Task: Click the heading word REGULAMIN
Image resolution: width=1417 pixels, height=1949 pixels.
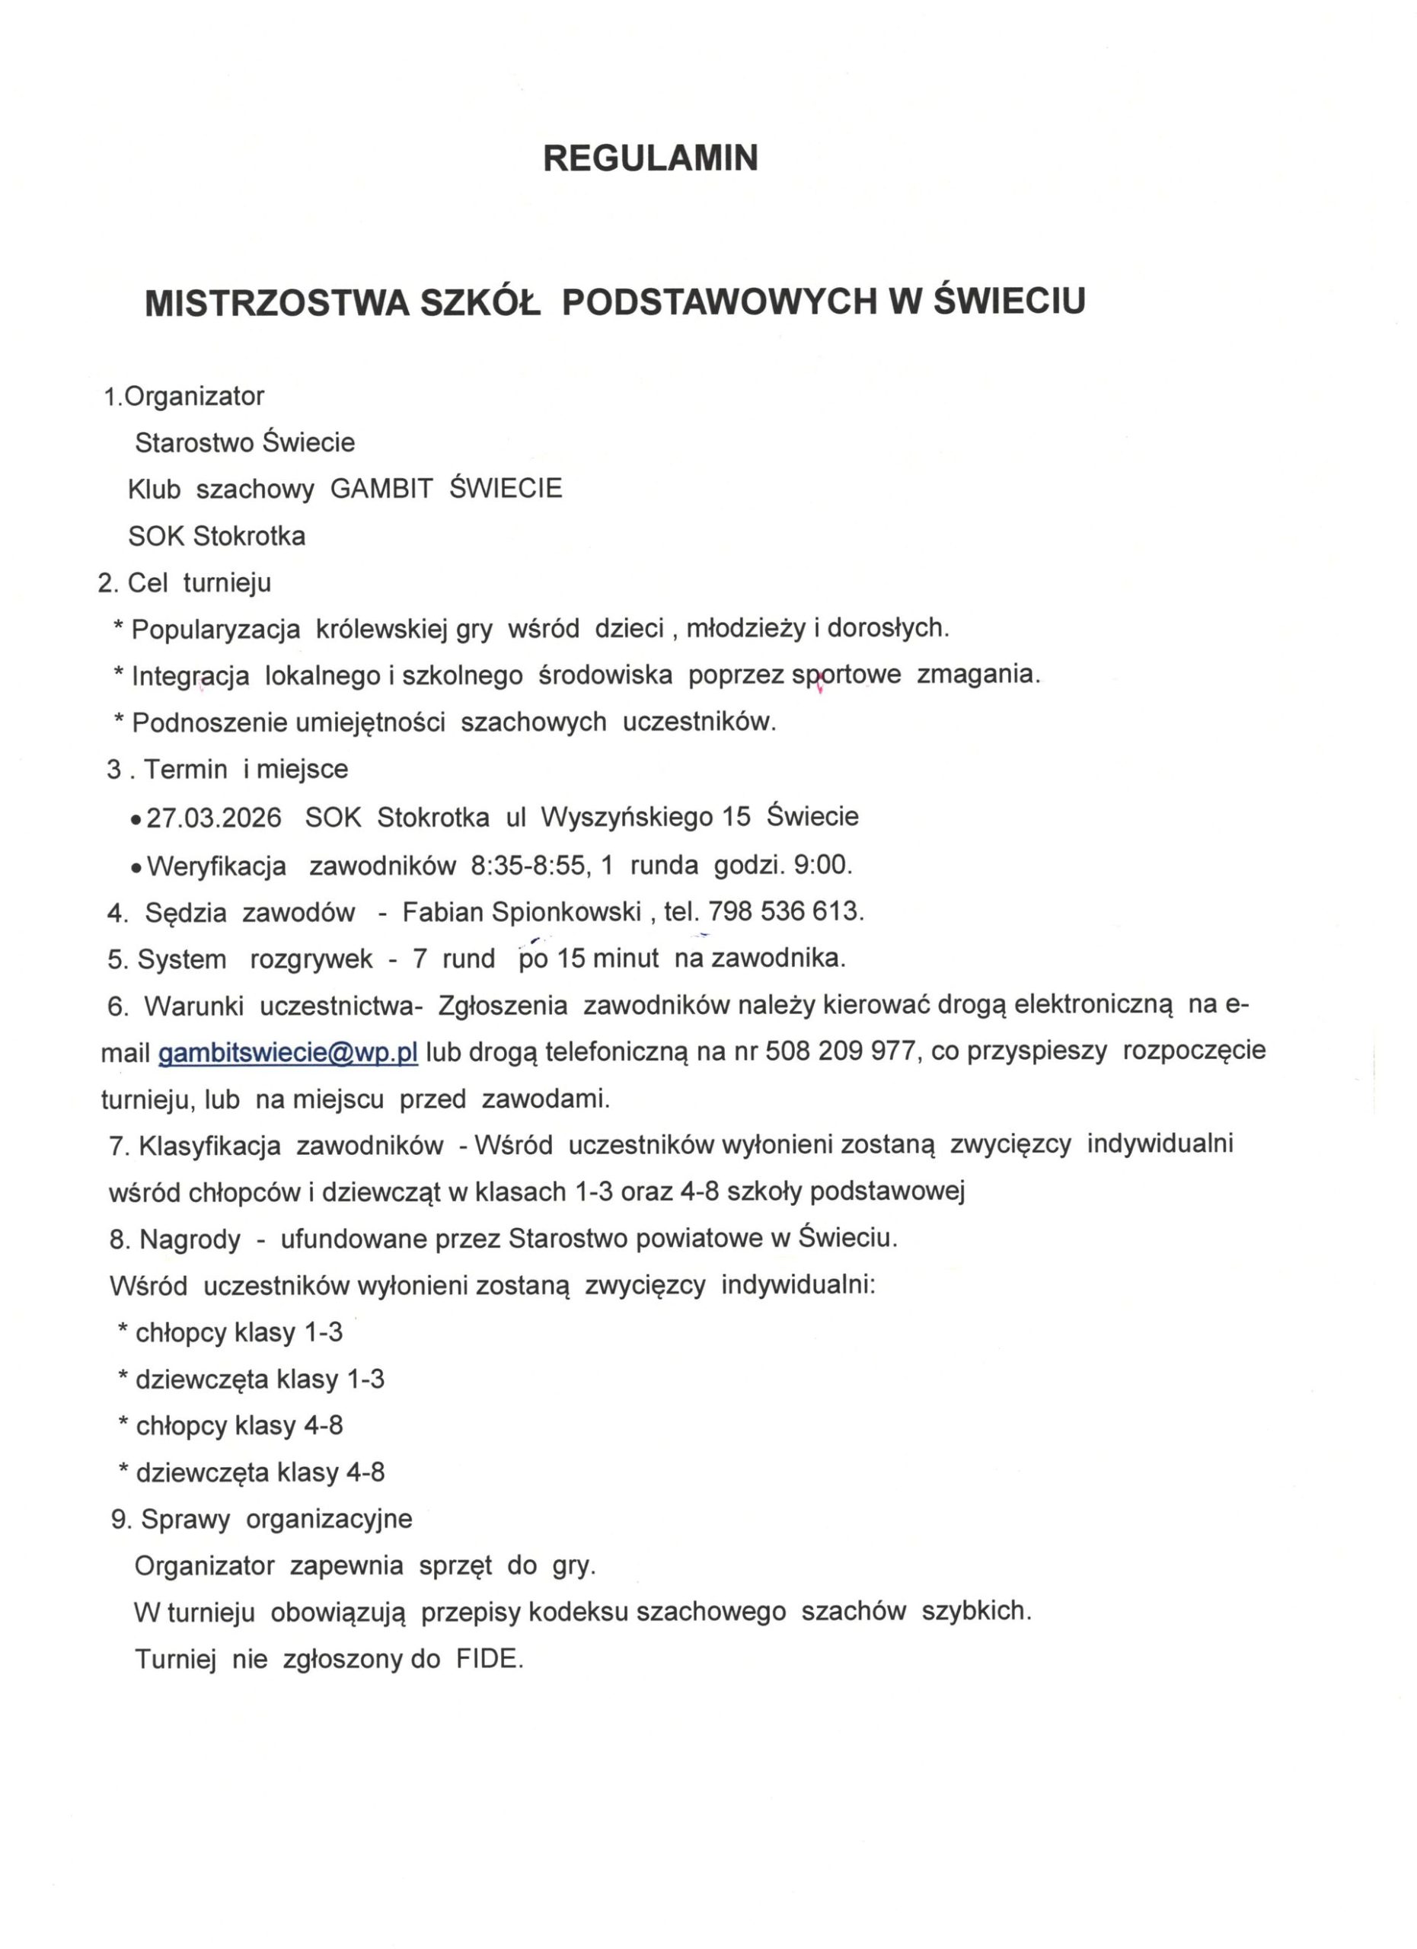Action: (x=649, y=158)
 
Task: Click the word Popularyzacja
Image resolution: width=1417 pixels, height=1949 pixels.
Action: (x=215, y=629)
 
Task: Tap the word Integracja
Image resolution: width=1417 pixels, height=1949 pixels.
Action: (x=190, y=676)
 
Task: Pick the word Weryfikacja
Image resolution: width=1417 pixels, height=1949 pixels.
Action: (x=216, y=866)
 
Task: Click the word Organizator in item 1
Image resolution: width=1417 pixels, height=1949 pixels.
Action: (x=194, y=396)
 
